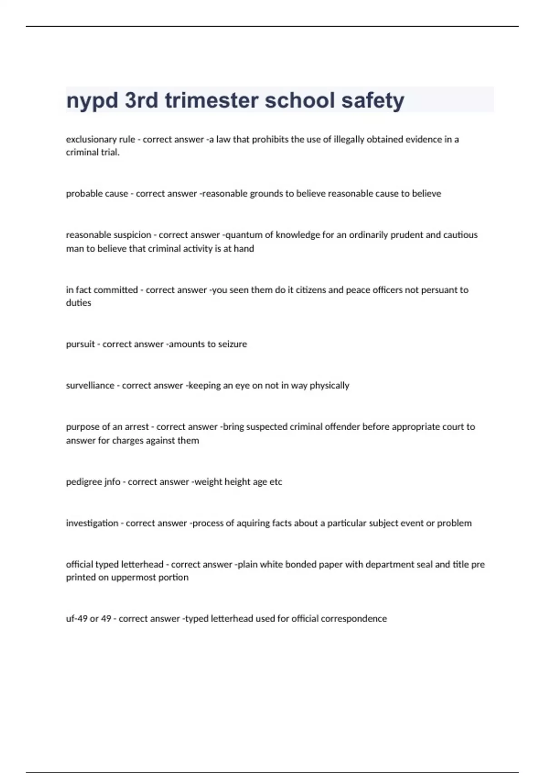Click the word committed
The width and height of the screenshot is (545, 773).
[115, 290]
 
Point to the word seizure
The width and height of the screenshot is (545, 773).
[232, 344]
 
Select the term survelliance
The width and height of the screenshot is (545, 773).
[90, 386]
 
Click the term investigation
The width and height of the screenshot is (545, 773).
[92, 523]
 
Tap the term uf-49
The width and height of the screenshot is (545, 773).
[76, 619]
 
